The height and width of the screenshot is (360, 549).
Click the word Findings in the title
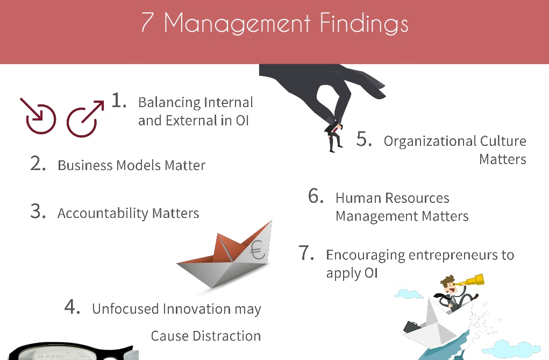(364, 24)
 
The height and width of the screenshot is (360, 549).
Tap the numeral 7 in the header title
(147, 22)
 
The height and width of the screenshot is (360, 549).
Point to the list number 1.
(119, 100)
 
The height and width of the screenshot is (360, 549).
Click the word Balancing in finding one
(168, 102)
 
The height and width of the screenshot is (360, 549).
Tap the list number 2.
(38, 164)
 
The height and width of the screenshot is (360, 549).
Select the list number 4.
(72, 307)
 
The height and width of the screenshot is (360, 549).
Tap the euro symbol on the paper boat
(258, 250)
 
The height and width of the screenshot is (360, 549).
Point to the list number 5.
(364, 139)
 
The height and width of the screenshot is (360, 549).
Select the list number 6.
(316, 195)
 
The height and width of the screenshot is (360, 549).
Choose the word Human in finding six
(358, 198)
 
